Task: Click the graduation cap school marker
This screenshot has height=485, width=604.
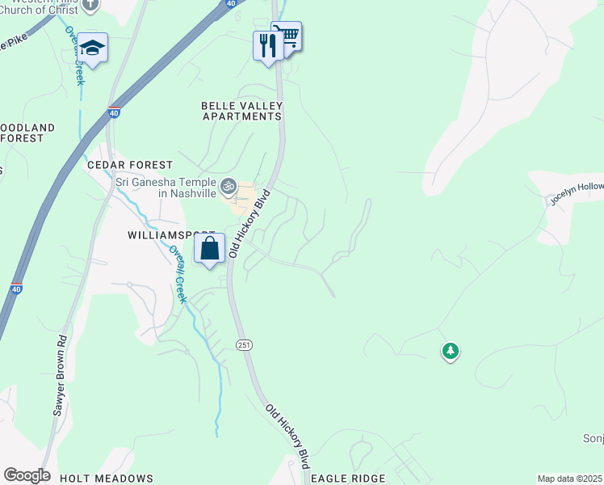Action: (93, 49)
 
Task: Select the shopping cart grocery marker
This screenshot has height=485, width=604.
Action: (286, 36)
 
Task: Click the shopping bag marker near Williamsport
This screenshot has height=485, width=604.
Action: (209, 249)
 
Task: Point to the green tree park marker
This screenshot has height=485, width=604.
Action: (451, 352)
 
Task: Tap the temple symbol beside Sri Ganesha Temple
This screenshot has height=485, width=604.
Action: (229, 187)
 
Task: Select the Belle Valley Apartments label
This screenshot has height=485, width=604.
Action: (241, 111)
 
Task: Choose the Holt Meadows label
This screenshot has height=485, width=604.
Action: (106, 479)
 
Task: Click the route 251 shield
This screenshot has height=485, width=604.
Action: (243, 345)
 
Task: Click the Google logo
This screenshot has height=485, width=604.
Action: (27, 475)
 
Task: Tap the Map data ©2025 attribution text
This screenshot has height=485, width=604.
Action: (569, 479)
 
